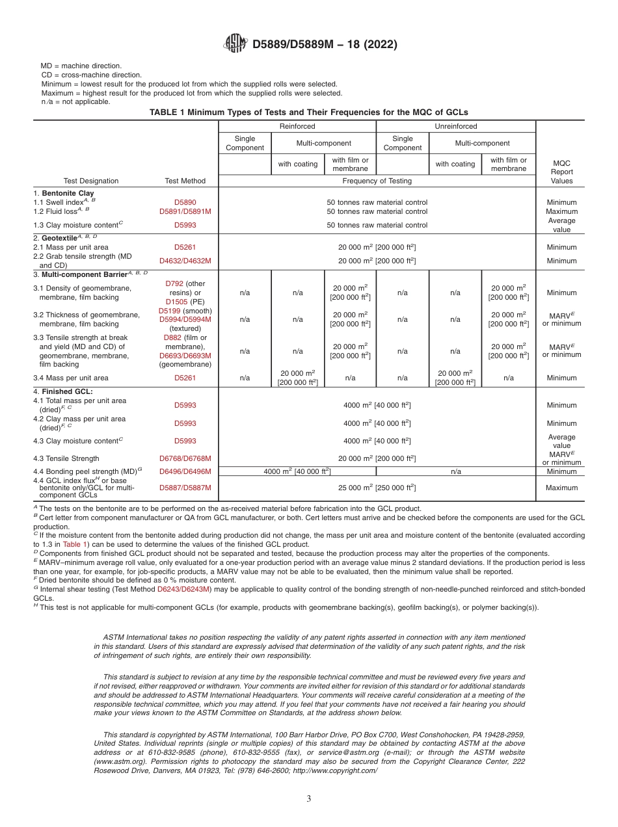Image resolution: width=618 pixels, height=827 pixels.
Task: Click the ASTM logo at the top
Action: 235,44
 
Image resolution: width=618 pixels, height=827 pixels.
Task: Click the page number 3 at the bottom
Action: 309,798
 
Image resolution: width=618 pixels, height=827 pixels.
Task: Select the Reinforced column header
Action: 297,126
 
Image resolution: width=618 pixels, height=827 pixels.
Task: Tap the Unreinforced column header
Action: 455,126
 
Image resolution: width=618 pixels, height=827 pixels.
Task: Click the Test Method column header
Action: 185,181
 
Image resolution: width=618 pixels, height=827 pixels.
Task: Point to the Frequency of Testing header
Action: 377,181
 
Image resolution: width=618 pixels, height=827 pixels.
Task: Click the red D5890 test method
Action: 185,202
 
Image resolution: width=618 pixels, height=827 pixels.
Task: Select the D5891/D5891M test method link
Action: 185,211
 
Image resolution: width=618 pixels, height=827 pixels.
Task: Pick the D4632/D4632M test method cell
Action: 185,261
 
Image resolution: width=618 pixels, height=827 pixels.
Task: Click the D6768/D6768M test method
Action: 185,458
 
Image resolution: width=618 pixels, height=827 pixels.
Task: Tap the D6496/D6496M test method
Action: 185,471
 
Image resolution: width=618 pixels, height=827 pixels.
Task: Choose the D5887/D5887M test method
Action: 185,487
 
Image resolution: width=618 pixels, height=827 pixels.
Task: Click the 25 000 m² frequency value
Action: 377,487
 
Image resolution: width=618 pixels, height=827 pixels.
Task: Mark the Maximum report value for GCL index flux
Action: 561,487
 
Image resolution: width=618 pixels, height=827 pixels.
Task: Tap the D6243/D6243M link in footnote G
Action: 183,589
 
